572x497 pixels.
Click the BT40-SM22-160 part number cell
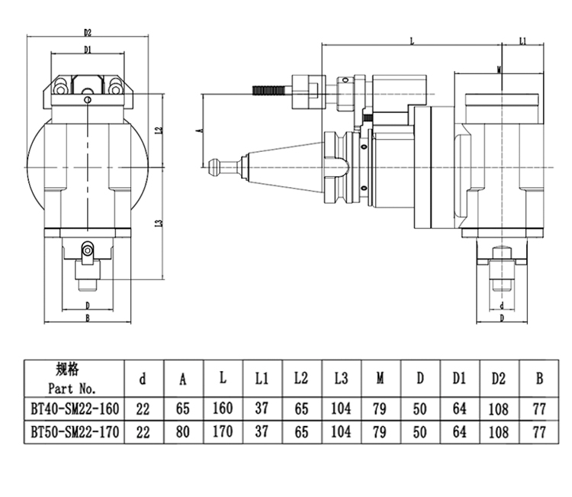(x=75, y=408)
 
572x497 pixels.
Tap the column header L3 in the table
(x=341, y=377)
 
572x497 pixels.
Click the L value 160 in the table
(x=222, y=408)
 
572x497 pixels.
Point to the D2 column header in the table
(x=499, y=377)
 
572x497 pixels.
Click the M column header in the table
(x=380, y=377)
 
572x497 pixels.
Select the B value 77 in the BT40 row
(x=540, y=408)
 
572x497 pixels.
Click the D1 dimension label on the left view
(x=88, y=50)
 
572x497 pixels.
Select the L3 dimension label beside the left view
(x=157, y=223)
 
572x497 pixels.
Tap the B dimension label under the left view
(x=88, y=318)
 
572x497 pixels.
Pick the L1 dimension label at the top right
(x=522, y=40)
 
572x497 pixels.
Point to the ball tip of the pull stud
(x=213, y=163)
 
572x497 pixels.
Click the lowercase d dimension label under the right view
(x=501, y=305)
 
